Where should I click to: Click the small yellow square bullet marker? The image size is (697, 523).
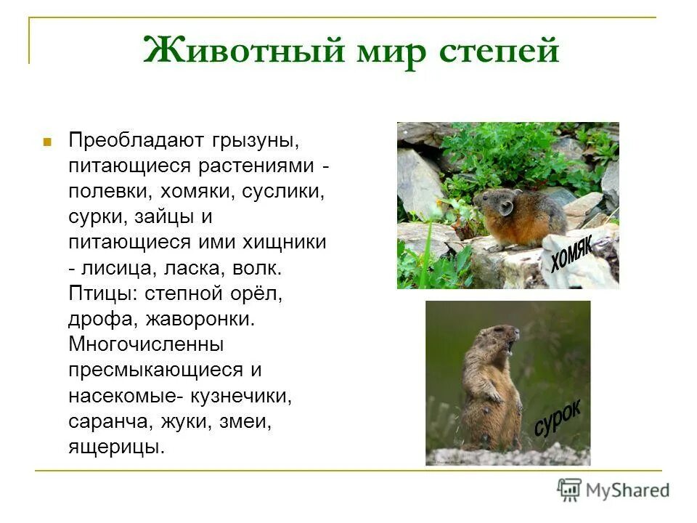pos(47,139)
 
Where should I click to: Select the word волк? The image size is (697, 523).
pos(256,268)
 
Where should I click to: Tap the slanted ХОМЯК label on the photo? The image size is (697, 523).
pos(571,251)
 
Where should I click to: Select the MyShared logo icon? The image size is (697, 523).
pos(570,490)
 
